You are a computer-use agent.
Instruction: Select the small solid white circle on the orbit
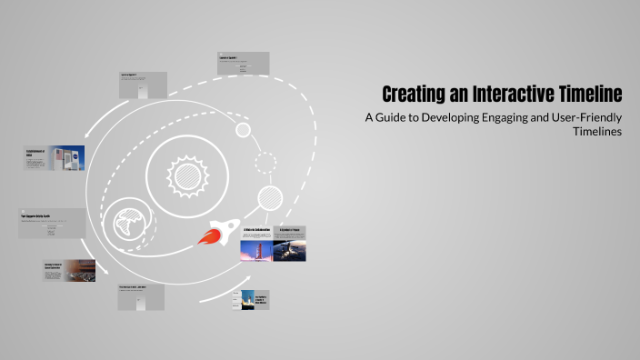tap(243, 130)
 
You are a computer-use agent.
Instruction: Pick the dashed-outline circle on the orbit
tap(265, 164)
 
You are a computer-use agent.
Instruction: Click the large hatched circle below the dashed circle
tap(270, 197)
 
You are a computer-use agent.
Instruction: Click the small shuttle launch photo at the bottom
tap(247, 300)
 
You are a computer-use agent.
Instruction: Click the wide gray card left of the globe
tap(54, 224)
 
